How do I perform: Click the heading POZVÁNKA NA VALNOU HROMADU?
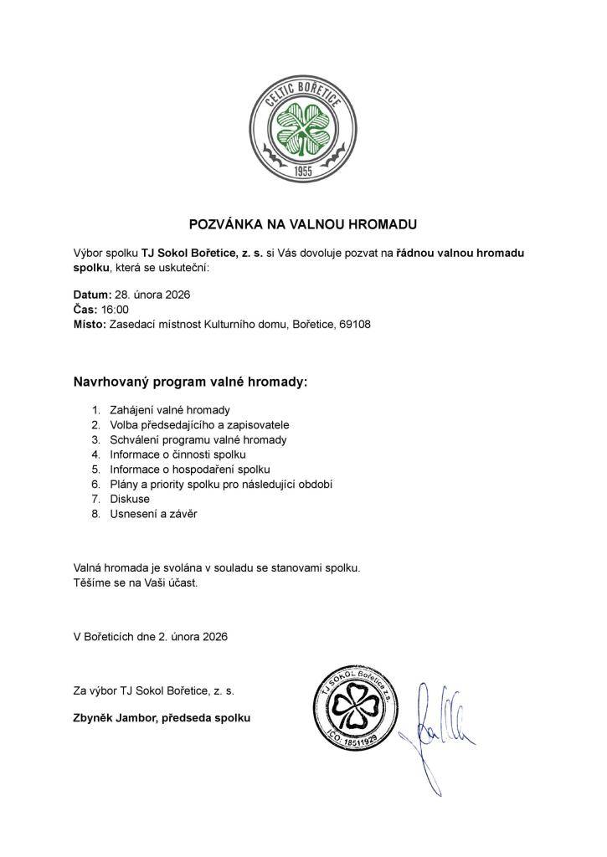[302, 224]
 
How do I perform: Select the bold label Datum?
[92, 295]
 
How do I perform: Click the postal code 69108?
[354, 325]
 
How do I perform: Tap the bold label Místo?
[90, 325]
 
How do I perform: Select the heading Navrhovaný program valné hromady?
[191, 382]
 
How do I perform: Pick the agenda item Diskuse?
[130, 499]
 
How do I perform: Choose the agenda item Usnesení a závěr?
[153, 514]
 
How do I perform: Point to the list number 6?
[95, 484]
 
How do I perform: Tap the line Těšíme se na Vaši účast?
[136, 582]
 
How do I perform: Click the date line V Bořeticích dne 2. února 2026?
[151, 636]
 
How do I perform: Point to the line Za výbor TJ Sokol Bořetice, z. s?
[154, 691]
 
